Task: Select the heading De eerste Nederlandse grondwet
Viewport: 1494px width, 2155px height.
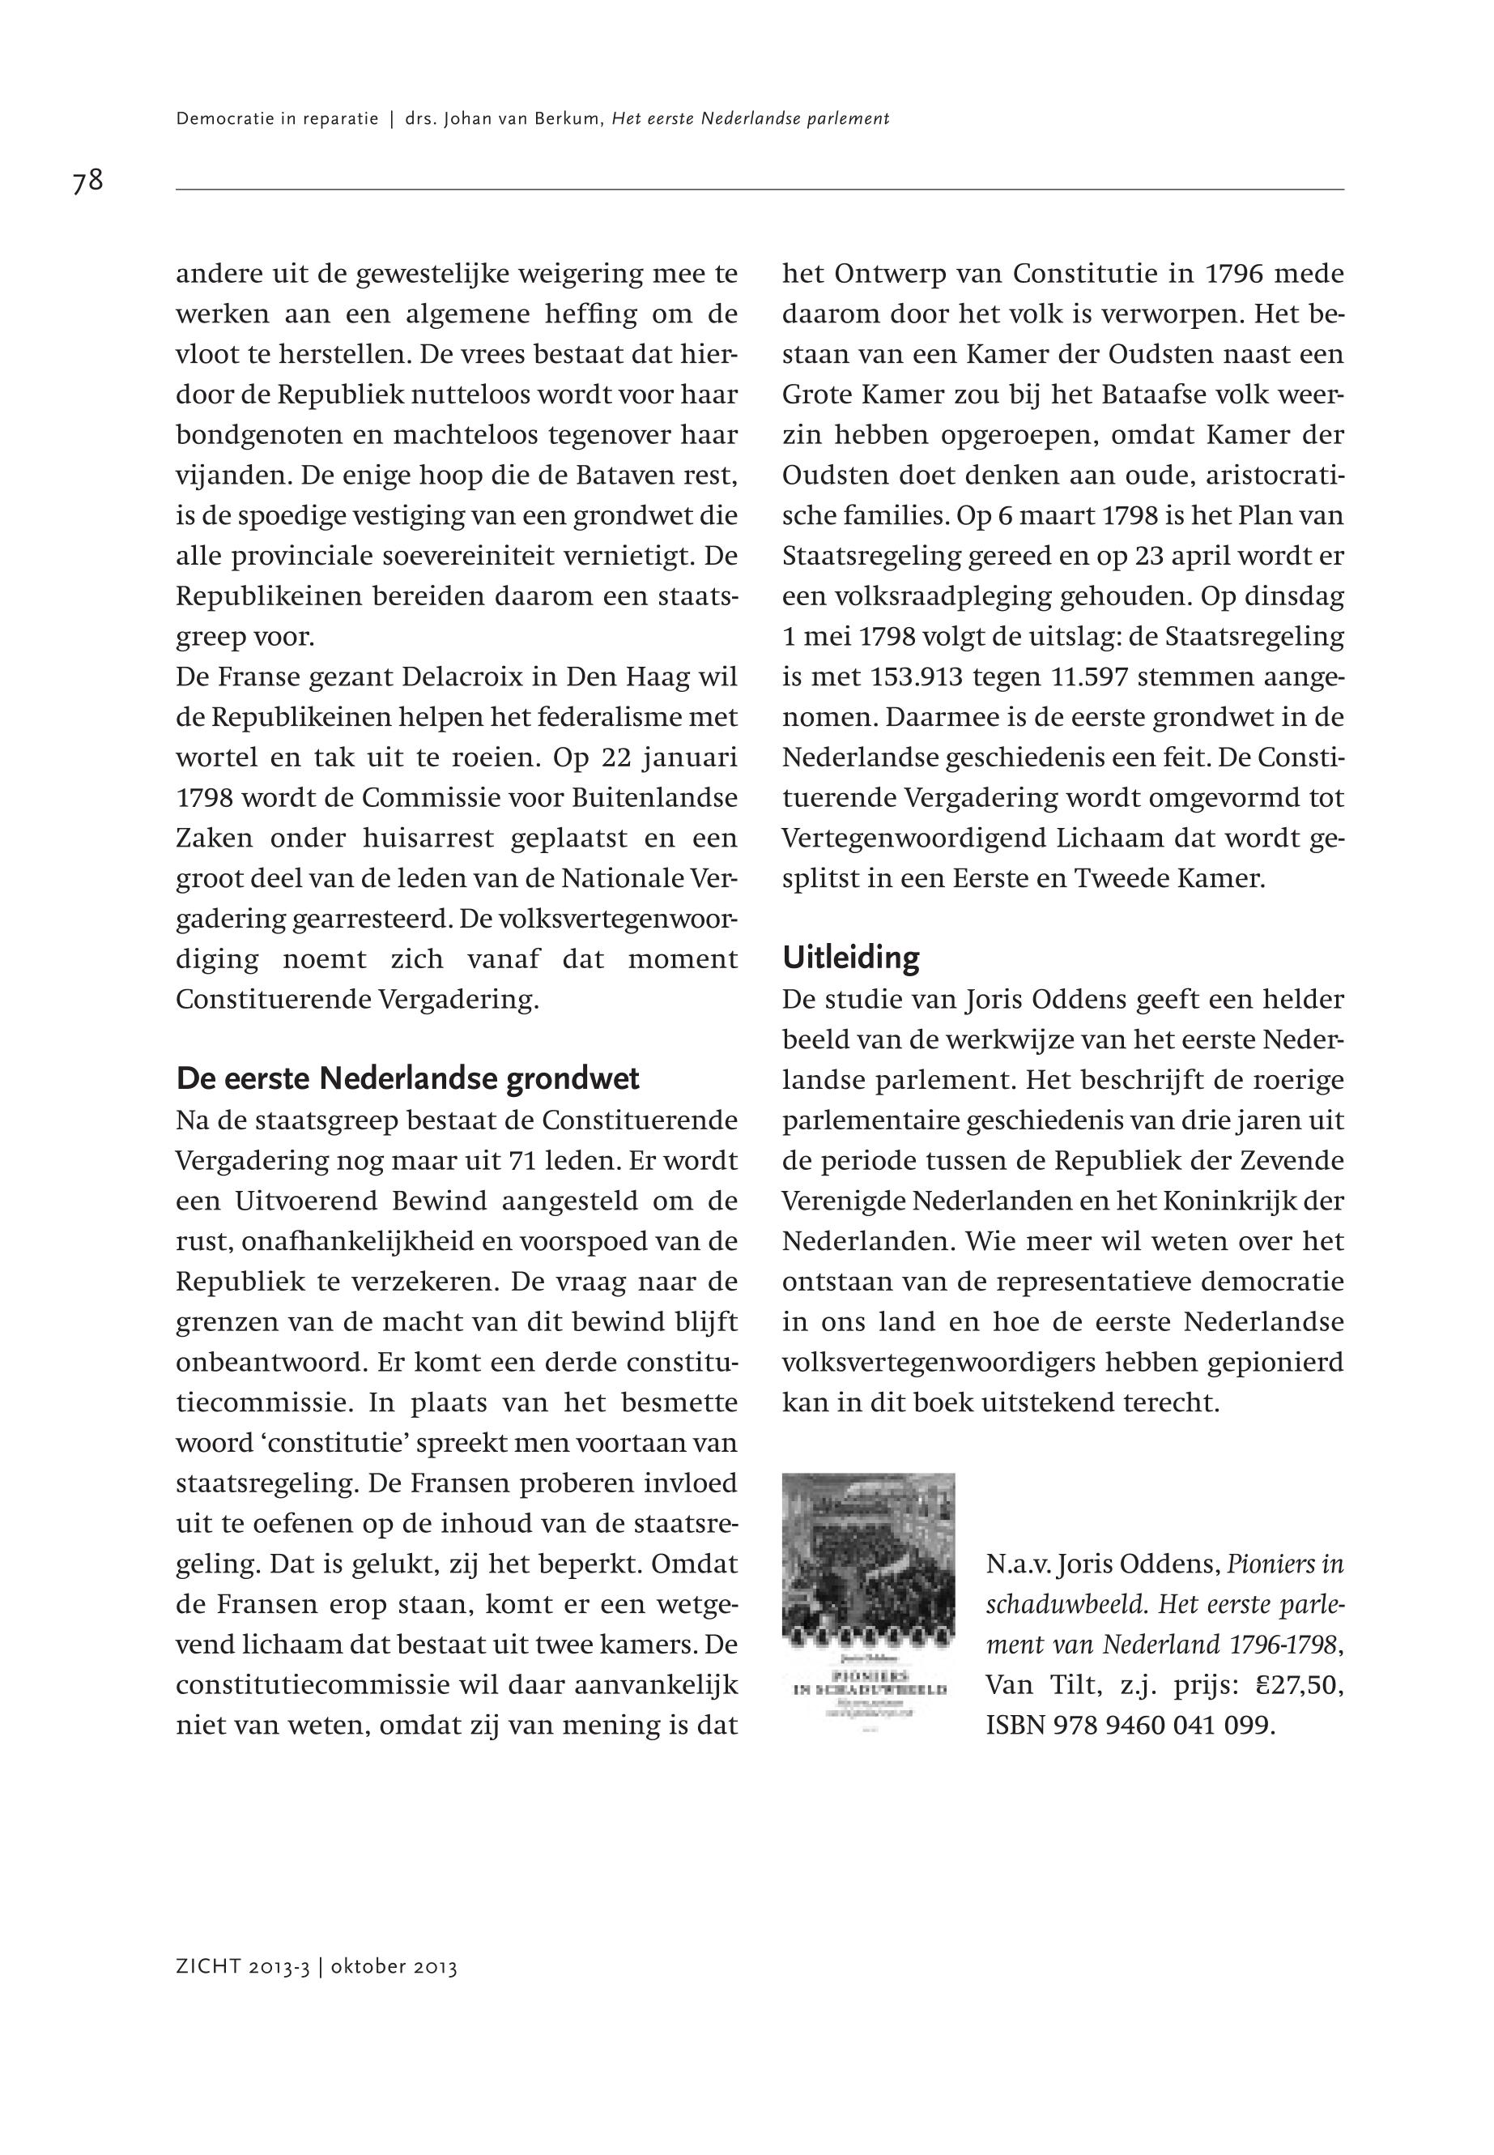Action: (x=407, y=1079)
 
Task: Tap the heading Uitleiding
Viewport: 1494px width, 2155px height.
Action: (x=851, y=957)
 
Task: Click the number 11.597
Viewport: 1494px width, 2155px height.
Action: (x=1086, y=676)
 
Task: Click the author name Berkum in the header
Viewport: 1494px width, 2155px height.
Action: (x=568, y=119)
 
